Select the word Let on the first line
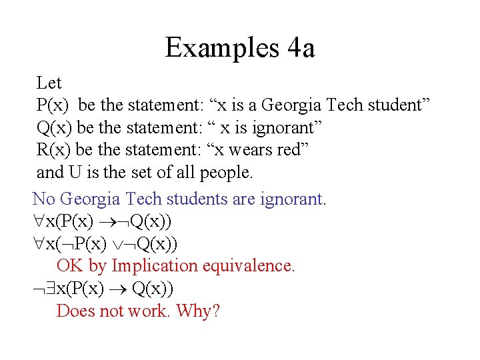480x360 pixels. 49,83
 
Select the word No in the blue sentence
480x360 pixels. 44,199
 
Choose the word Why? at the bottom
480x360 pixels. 198,311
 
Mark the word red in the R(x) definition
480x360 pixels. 287,150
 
